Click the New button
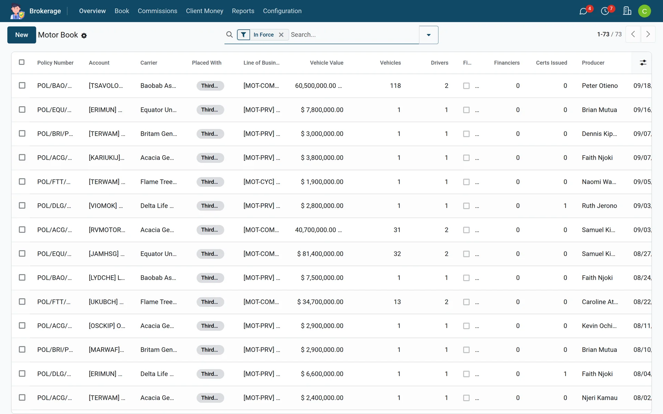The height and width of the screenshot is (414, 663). tap(21, 35)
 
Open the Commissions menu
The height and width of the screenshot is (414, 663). tap(157, 11)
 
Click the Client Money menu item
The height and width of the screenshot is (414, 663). tap(204, 11)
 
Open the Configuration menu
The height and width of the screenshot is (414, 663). tap(282, 11)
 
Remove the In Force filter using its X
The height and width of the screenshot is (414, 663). tap(281, 34)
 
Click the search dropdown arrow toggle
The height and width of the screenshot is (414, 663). tap(429, 35)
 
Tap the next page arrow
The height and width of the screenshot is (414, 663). tap(648, 34)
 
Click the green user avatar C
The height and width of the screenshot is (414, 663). tap(644, 11)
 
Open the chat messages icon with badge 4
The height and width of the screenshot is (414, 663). tap(584, 11)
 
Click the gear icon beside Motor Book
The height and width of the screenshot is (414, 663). tap(84, 36)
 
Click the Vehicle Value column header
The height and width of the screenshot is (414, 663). tap(327, 63)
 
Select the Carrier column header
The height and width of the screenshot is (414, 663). tap(149, 63)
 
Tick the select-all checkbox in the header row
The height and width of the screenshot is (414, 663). tap(22, 62)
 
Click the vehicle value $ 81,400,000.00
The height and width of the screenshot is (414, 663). tap(320, 254)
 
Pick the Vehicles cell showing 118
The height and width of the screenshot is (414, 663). tap(395, 86)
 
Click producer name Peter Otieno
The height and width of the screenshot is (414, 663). tap(600, 86)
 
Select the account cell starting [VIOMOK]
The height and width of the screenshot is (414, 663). tap(106, 206)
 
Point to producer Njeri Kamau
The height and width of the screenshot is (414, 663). tap(599, 398)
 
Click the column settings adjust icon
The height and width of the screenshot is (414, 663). tap(643, 62)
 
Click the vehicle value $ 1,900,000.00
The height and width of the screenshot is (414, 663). tap(322, 182)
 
